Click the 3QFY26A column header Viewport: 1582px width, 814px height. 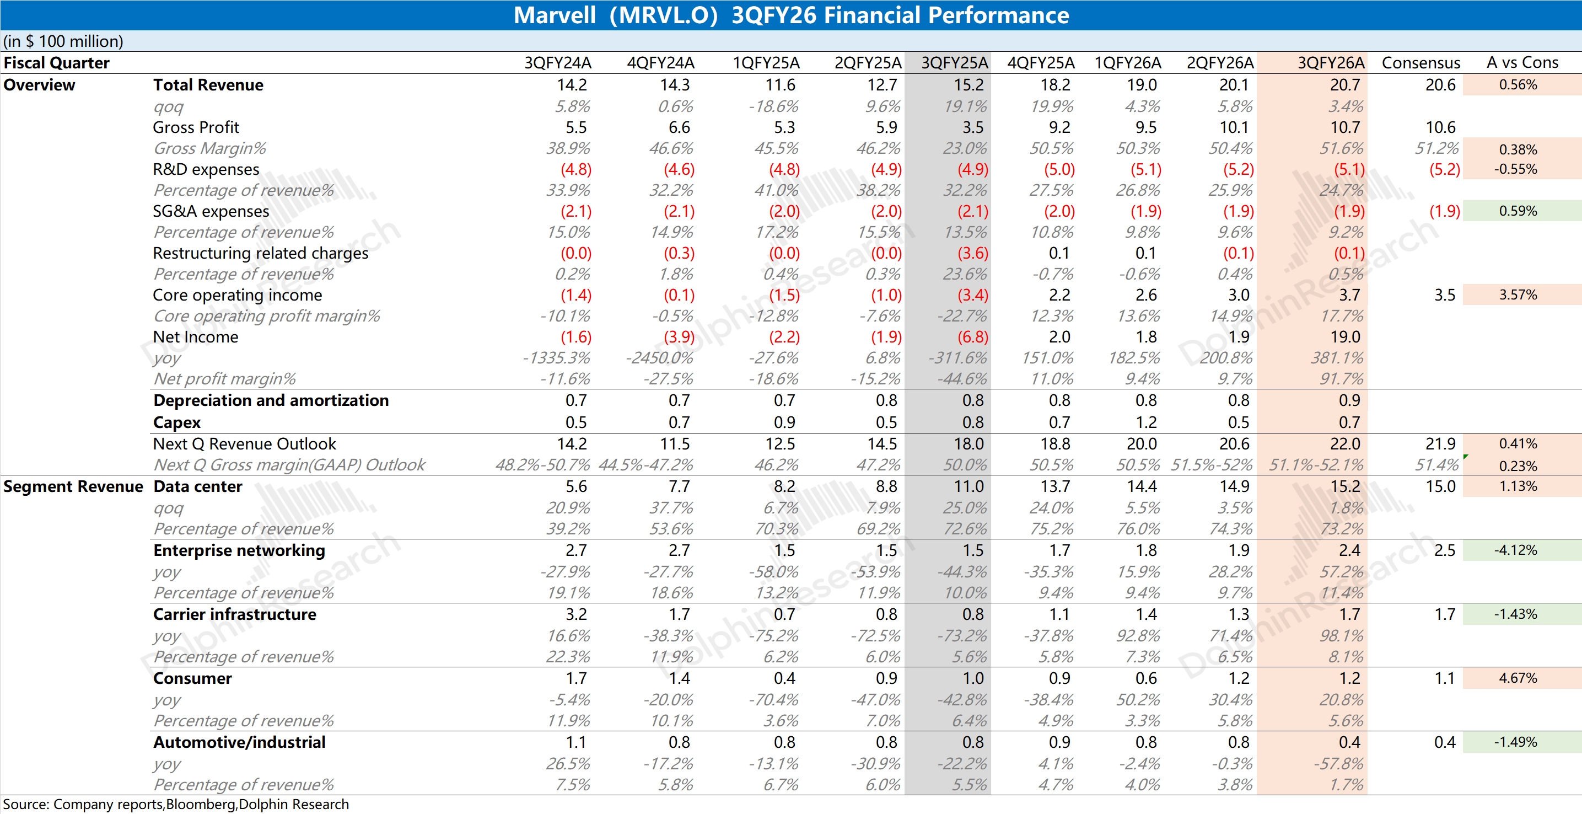click(x=1330, y=63)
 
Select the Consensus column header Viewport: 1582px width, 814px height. click(x=1420, y=63)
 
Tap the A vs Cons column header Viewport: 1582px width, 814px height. click(x=1522, y=63)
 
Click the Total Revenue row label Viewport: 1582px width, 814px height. click(x=208, y=85)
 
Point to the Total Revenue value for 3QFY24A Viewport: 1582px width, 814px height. click(x=572, y=85)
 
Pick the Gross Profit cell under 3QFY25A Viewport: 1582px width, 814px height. click(x=973, y=127)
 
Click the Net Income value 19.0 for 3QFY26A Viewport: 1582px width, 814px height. click(x=1345, y=336)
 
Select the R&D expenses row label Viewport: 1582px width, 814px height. click(x=206, y=169)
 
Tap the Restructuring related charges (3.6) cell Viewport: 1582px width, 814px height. click(x=973, y=253)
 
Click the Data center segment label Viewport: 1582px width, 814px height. click(x=198, y=486)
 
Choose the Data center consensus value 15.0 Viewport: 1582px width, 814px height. click(x=1440, y=486)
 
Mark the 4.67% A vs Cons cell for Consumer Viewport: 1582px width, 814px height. click(x=1518, y=678)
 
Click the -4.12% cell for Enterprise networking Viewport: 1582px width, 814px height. click(x=1516, y=550)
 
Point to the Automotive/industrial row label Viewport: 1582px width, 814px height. click(x=240, y=742)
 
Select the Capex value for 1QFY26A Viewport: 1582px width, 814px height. click(x=1146, y=422)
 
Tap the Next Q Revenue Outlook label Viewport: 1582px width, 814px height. click(x=244, y=444)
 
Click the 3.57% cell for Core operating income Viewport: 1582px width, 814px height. click(x=1518, y=295)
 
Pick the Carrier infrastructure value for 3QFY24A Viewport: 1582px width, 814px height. click(x=576, y=614)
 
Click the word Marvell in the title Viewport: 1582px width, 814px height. click(x=554, y=15)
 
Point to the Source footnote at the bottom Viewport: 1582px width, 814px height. click(x=176, y=804)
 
